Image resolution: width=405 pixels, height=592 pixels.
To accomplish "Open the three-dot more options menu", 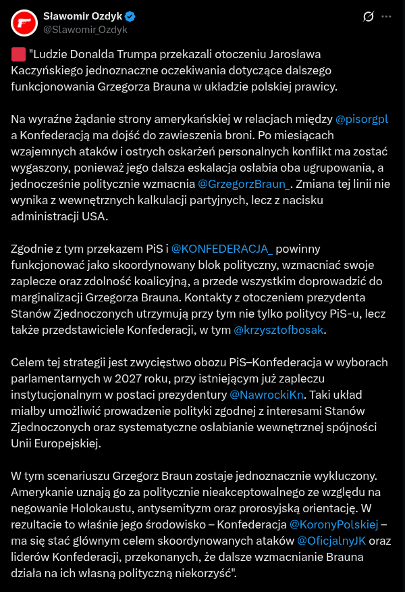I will tap(385, 16).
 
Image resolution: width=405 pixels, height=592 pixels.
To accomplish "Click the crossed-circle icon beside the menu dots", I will tap(369, 16).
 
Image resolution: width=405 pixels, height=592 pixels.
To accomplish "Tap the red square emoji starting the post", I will tap(18, 55).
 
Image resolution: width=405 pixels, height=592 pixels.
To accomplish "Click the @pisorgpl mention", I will tap(362, 119).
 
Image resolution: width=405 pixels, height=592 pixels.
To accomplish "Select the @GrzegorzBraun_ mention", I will tap(244, 184).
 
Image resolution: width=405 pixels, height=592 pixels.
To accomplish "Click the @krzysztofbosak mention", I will tap(278, 330).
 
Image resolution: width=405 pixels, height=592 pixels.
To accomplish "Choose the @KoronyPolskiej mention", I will tap(334, 524).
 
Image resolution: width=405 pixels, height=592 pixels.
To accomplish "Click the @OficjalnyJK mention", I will tap(333, 540).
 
